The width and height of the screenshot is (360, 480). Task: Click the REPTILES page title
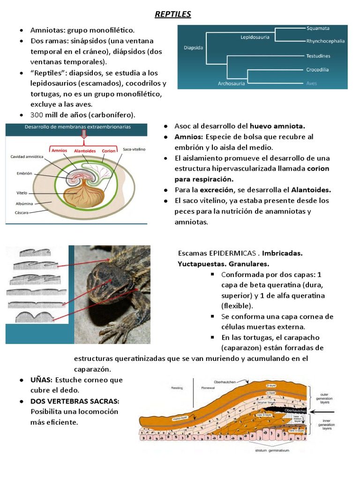[173, 15]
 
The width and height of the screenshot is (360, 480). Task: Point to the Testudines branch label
[318, 56]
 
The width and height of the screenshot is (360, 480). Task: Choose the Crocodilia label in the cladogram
[317, 70]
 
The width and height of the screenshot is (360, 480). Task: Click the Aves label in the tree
[311, 83]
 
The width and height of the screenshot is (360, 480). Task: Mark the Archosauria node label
[232, 83]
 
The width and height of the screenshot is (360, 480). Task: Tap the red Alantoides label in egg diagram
[86, 150]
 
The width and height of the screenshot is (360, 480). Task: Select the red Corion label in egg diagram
[108, 150]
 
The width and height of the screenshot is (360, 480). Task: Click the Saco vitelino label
[135, 149]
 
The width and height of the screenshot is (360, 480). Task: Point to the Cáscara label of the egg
[23, 212]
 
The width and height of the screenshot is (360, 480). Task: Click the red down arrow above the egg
[84, 135]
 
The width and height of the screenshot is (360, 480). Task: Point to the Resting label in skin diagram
[177, 388]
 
